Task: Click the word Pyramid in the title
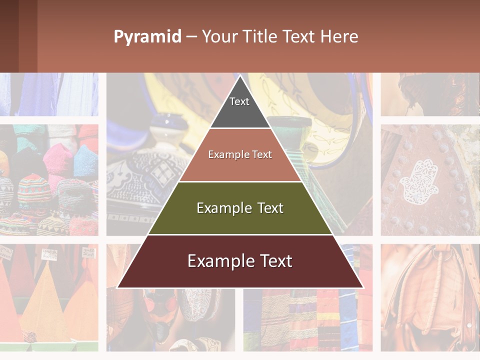147,37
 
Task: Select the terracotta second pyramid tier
240,165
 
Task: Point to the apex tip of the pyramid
240,76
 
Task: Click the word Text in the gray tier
239,101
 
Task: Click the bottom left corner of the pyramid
118,287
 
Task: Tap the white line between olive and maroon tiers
240,234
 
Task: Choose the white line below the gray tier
240,128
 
